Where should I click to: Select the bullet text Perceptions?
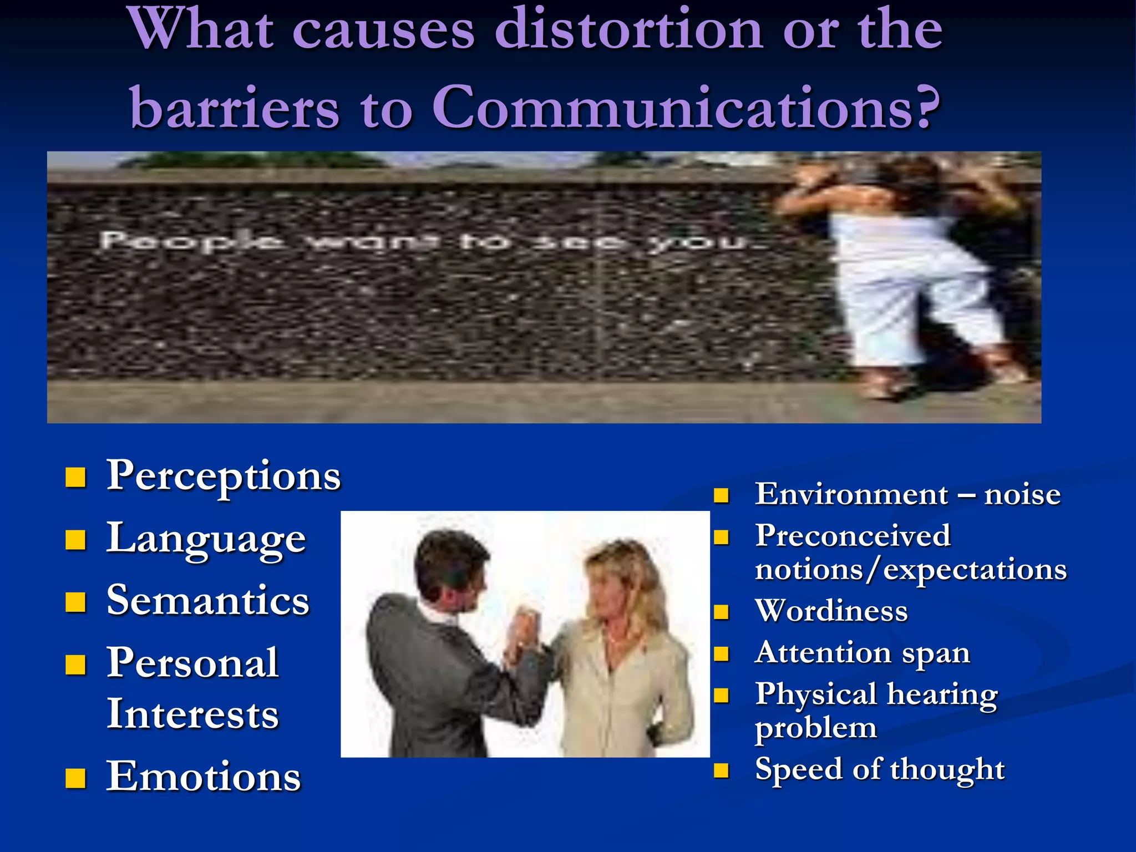click(224, 476)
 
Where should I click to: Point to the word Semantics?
click(207, 601)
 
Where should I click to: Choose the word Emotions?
click(204, 777)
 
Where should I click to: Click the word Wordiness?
click(831, 611)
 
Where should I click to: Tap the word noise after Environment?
click(1022, 494)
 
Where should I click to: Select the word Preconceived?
click(853, 536)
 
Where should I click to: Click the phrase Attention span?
click(862, 653)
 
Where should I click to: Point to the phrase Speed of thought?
click(879, 770)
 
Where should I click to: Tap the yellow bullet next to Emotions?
click(75, 778)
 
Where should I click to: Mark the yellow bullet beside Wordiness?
click(721, 612)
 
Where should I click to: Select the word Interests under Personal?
click(192, 714)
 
